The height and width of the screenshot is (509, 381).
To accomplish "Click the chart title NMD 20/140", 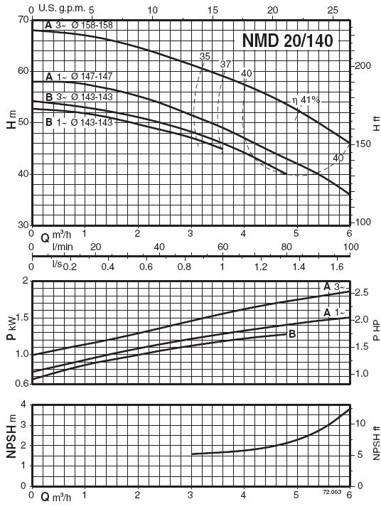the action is point(288,41).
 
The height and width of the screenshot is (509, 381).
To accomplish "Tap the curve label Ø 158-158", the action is point(92,25).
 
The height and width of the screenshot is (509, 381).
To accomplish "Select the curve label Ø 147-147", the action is point(92,76).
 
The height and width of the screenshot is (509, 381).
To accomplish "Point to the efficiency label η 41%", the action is point(306,100).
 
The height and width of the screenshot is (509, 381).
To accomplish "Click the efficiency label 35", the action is point(205,56).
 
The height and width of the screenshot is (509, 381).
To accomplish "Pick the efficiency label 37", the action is point(225,64).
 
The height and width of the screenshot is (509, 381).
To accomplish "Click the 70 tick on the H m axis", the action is point(23,20).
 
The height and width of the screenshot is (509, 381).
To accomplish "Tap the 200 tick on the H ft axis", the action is point(363,65).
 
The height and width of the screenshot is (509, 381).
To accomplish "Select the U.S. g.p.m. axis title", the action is point(62,9).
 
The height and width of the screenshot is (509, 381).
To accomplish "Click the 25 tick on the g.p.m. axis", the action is point(333,11).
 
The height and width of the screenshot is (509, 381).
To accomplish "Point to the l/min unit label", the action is point(63,247).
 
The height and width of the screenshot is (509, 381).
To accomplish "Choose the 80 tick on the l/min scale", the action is point(286,247).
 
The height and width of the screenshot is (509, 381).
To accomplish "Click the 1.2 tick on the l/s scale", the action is point(261,267).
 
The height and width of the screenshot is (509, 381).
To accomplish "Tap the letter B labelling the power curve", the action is point(292,333).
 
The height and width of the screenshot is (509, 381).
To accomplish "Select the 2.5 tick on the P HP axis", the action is point(362,292).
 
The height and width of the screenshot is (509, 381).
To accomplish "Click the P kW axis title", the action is point(11,327).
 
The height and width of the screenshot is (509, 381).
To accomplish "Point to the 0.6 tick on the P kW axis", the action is point(23,384).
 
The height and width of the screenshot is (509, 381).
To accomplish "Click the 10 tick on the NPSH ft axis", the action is point(360,423).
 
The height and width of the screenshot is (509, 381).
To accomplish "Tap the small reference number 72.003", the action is point(332,492).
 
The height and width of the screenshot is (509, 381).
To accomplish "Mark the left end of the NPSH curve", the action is point(192,454).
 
